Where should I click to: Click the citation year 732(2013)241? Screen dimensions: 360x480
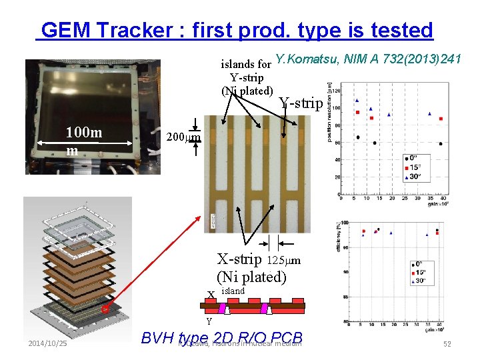click(424, 60)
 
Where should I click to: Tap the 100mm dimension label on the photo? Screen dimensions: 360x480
click(83, 141)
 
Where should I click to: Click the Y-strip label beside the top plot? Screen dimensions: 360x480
click(301, 103)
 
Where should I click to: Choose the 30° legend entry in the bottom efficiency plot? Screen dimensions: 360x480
click(421, 281)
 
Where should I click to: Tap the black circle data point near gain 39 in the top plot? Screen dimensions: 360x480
click(441, 143)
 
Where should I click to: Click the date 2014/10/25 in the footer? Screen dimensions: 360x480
click(47, 343)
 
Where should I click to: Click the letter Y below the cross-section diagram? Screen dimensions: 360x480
click(209, 321)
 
